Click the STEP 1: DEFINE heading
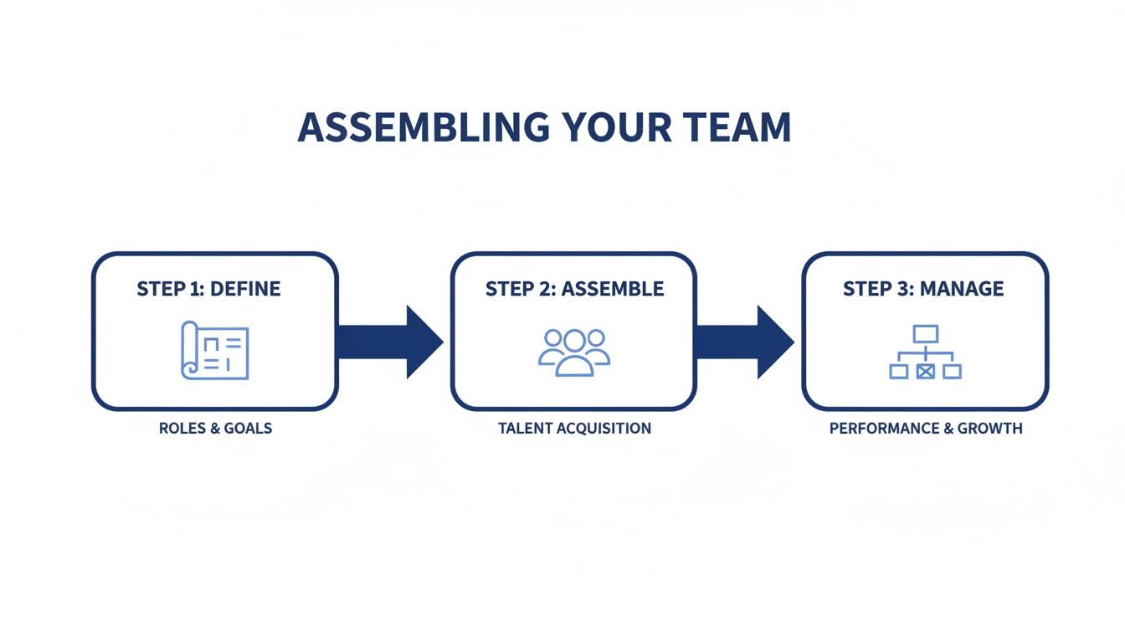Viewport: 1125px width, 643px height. (x=208, y=290)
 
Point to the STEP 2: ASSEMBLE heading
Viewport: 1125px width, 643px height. (x=574, y=290)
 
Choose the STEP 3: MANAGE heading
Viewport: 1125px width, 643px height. (x=923, y=290)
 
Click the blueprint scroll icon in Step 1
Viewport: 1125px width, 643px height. (x=215, y=350)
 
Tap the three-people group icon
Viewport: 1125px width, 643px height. (x=574, y=352)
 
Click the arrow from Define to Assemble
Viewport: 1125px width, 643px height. (x=390, y=342)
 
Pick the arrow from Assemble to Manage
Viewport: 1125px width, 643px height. (x=744, y=342)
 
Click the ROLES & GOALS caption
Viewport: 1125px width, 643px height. (x=215, y=429)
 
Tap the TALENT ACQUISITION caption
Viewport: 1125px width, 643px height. (x=574, y=429)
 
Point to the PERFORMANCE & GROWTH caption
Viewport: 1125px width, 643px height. (x=926, y=429)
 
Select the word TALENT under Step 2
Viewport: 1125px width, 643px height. (x=525, y=429)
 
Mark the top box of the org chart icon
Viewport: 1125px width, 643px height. (x=926, y=334)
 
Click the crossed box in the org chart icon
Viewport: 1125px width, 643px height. (x=925, y=371)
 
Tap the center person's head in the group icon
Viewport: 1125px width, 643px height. (x=574, y=340)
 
